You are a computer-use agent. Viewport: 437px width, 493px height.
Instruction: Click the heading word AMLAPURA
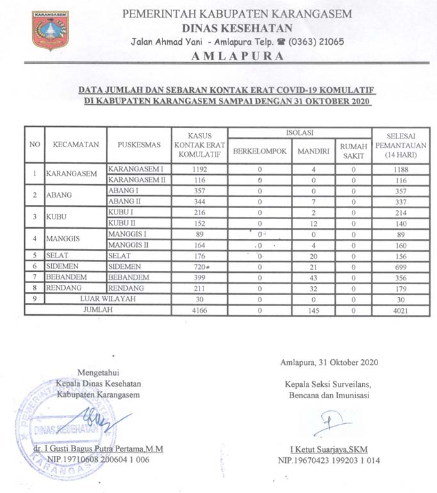point(237,56)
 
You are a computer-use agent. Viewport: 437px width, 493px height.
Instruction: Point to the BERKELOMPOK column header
point(260,152)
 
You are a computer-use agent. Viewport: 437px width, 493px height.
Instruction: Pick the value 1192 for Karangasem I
point(200,170)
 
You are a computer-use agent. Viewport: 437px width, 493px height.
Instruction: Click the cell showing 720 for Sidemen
point(200,266)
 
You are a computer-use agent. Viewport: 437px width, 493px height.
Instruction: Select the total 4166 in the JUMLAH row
point(200,309)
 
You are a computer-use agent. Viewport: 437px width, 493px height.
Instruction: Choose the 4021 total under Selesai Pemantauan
point(401,309)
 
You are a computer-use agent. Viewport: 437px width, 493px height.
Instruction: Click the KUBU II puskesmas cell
point(123,223)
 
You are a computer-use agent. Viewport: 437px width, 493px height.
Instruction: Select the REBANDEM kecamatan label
point(66,277)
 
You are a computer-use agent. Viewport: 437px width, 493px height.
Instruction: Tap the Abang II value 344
point(200,201)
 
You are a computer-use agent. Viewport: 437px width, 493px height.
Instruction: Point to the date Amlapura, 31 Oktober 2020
point(328,362)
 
